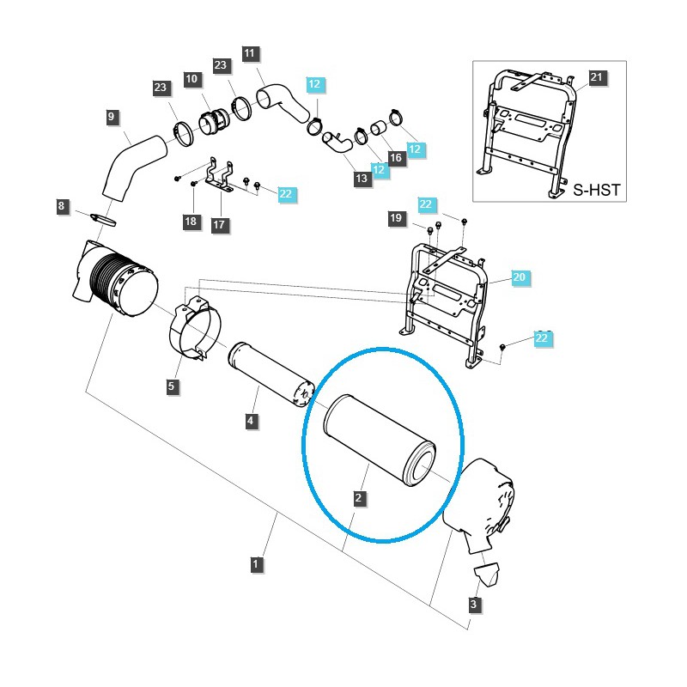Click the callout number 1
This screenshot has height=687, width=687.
coord(256,564)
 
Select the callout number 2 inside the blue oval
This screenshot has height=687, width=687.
coord(359,497)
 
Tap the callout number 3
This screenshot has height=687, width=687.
coord(473,605)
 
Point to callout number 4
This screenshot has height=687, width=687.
coord(250,421)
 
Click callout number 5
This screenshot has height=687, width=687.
coord(172,387)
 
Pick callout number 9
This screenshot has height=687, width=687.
coord(112,116)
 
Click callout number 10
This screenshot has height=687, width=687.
coord(191,79)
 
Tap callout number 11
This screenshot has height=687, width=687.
coord(249,54)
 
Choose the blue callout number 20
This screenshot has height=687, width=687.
coord(518,277)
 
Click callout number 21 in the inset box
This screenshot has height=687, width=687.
coord(598,78)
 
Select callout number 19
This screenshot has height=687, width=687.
coord(396,219)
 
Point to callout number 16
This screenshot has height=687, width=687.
coord(395,157)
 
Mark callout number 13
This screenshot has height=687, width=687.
coord(362,178)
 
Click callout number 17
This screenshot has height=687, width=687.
coord(219,225)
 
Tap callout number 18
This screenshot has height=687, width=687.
coord(191,222)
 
